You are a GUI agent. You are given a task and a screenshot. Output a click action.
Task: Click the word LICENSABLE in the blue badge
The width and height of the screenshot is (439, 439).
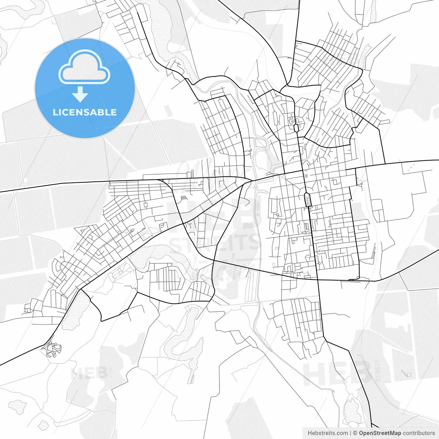85,112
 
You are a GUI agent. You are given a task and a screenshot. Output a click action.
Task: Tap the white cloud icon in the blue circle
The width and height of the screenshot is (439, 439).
84,67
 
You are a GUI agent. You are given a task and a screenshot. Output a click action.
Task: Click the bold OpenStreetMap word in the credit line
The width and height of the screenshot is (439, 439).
380,433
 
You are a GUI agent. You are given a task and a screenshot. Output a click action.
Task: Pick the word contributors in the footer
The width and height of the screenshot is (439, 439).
419,433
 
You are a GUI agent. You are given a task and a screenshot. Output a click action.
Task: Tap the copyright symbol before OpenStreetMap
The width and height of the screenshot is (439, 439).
355,433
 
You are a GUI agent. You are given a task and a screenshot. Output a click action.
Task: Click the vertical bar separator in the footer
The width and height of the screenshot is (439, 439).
351,433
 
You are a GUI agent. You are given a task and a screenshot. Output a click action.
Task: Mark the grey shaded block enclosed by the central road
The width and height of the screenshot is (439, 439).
308,199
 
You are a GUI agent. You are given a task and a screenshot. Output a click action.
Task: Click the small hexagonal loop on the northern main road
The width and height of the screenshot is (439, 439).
296,128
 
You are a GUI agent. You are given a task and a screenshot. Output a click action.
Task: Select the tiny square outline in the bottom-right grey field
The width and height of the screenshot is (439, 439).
408,374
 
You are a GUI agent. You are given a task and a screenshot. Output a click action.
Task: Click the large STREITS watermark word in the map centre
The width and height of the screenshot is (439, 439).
214,242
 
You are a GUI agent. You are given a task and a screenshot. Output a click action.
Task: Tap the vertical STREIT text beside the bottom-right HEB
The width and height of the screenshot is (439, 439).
378,371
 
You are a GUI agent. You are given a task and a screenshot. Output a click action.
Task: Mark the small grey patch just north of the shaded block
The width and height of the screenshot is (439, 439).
306,176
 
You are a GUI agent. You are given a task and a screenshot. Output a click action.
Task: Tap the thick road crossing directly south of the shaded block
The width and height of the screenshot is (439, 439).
318,280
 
